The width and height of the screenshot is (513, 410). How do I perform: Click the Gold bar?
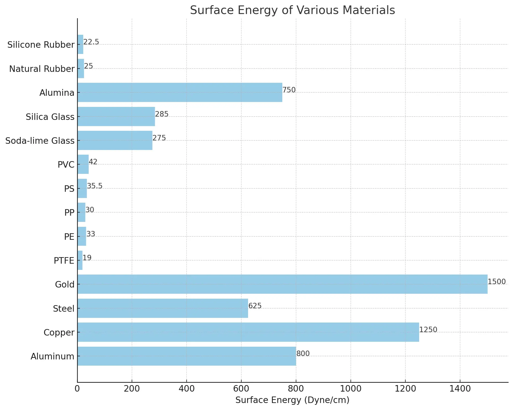282,284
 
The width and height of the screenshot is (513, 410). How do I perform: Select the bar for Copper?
248,332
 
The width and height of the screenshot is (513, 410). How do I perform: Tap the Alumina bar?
180,92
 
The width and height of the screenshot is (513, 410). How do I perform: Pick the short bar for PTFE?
80,260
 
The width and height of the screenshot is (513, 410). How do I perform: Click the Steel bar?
163,308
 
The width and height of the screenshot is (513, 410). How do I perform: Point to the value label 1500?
496,282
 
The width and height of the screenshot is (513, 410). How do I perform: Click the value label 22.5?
91,42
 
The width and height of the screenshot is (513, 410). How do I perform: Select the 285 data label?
162,114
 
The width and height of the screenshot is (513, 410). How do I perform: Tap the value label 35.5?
94,186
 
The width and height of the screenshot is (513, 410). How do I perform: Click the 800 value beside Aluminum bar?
303,354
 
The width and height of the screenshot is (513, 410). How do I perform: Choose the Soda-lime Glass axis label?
40,141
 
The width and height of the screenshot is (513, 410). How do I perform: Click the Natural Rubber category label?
42,69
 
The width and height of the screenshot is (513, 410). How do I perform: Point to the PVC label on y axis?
66,165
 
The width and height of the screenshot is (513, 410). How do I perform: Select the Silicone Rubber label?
41,45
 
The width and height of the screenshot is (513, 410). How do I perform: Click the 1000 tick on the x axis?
351,389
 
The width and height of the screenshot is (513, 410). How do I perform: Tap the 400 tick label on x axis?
186,389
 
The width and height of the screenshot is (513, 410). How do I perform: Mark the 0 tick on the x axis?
77,389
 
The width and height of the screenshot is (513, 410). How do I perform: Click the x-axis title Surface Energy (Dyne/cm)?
292,400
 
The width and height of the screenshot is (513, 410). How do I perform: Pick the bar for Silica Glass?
116,117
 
